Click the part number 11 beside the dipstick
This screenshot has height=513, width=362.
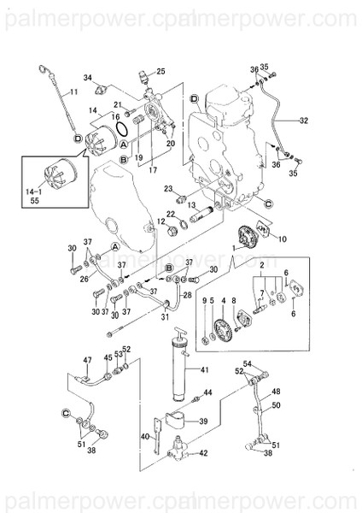pyautogui.click(x=73, y=91)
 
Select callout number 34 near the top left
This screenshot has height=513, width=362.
pyautogui.click(x=88, y=78)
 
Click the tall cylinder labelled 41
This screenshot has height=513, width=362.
pyautogui.click(x=180, y=370)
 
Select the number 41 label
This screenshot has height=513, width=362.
pyautogui.click(x=204, y=369)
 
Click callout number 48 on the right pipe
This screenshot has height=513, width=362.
pyautogui.click(x=275, y=392)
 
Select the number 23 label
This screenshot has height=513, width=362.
pyautogui.click(x=169, y=188)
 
